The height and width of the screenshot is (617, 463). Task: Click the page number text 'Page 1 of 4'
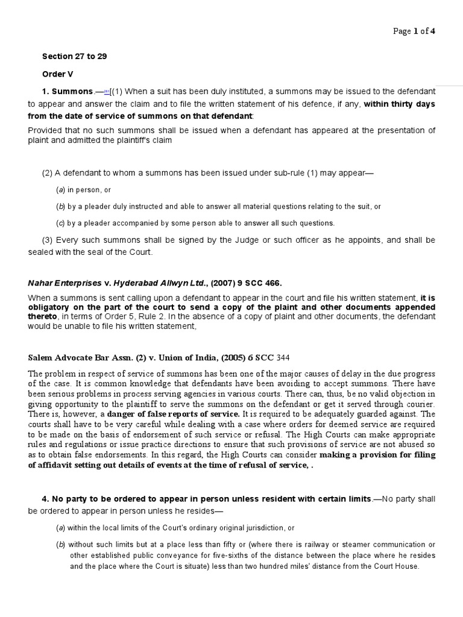click(x=414, y=32)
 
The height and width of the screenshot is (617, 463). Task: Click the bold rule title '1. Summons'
click(x=67, y=91)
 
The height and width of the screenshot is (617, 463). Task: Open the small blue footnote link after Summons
click(x=107, y=91)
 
